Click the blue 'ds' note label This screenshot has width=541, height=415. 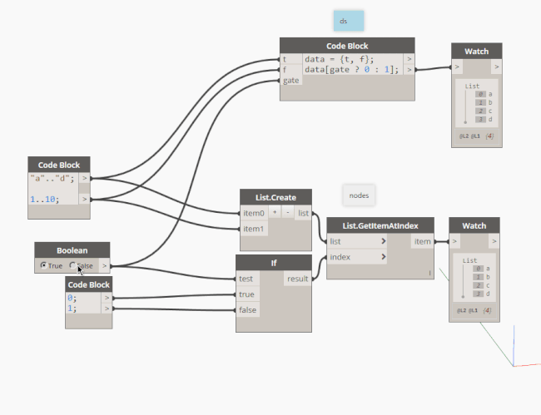click(343, 20)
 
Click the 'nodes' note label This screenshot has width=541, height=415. click(359, 195)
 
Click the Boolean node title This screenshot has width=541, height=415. click(72, 249)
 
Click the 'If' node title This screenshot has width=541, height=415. click(273, 264)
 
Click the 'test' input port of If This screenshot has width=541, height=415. click(246, 279)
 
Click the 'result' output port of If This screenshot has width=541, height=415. click(296, 279)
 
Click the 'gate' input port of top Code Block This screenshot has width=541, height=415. click(290, 81)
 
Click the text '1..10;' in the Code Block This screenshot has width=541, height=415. click(44, 200)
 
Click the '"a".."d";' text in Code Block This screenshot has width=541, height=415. click(52, 178)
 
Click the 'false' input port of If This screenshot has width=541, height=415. click(247, 309)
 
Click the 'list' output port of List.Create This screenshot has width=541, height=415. click(303, 214)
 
